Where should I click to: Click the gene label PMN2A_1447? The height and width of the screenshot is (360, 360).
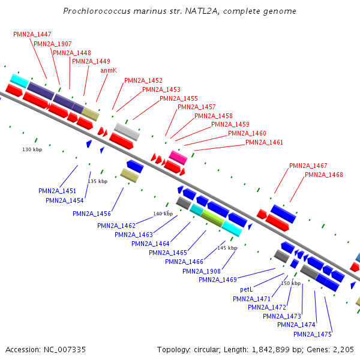tap(32, 34)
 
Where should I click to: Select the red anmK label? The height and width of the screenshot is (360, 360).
tap(109, 70)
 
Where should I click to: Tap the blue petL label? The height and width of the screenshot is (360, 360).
tap(247, 290)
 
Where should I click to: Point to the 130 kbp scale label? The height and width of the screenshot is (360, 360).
tap(32, 149)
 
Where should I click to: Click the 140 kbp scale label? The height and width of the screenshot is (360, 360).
tap(163, 214)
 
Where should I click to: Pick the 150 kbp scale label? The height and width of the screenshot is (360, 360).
tap(290, 283)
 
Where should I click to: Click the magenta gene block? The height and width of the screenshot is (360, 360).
tap(178, 157)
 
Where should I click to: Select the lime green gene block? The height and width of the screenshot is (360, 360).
tap(212, 218)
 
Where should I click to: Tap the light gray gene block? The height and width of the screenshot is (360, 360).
tap(127, 132)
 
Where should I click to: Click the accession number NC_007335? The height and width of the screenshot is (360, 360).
tap(65, 350)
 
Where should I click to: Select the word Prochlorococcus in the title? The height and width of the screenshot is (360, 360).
tap(97, 11)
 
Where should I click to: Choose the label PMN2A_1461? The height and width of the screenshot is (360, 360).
tap(264, 143)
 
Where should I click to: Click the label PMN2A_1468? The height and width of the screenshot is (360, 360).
tap(324, 175)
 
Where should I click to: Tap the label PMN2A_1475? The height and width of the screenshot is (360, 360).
tap(313, 334)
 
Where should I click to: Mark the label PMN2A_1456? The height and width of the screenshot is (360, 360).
tap(92, 214)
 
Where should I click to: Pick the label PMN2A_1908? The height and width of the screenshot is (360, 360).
tap(202, 271)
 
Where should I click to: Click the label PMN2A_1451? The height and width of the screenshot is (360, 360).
tap(57, 191)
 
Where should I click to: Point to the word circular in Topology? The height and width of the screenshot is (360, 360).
tap(206, 350)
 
